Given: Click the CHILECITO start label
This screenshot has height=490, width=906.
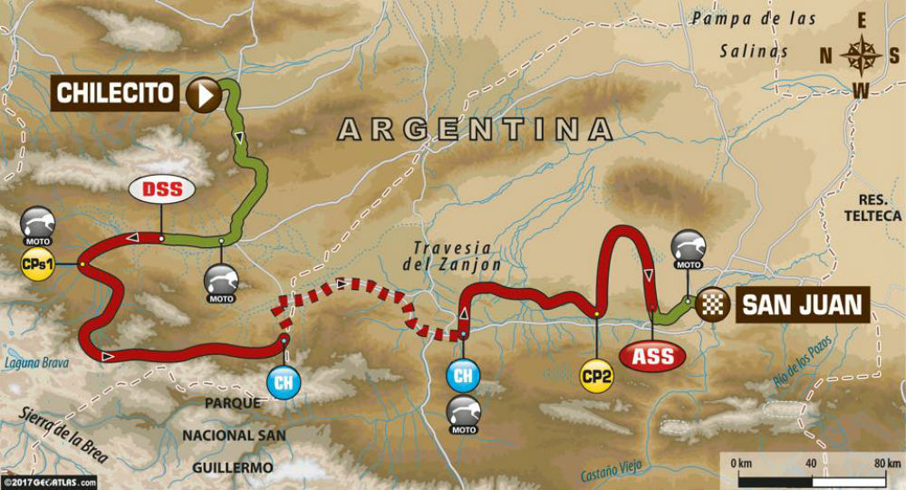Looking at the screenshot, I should [117, 93].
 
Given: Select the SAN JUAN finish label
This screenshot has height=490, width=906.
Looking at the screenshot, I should [801, 303].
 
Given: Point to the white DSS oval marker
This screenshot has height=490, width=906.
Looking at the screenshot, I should [161, 189].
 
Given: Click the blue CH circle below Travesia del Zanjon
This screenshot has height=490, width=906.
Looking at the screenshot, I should [463, 374].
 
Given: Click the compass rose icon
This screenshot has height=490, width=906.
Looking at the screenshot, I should [856, 56].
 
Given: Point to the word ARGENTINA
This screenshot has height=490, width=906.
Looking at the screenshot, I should [477, 130].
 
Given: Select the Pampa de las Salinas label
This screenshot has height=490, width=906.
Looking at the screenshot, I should [751, 34].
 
